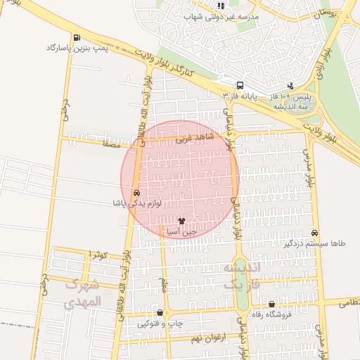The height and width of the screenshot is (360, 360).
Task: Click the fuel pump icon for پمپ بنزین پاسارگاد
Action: (76, 38)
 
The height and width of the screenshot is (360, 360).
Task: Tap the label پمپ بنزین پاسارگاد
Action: (75, 48)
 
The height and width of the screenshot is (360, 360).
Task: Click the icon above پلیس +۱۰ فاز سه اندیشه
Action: (290, 85)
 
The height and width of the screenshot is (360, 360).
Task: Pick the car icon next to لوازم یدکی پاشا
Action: (136, 193)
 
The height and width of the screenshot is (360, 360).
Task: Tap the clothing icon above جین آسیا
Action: (181, 220)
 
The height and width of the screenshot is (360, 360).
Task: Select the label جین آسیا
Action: (181, 230)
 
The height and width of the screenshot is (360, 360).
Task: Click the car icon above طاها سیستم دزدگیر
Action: (314, 233)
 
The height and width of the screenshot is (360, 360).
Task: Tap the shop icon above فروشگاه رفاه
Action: (271, 304)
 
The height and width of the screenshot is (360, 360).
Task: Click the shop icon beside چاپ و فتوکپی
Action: (160, 313)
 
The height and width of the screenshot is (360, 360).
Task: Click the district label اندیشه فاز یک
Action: (240, 276)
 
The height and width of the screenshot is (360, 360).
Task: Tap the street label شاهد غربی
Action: (192, 139)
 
